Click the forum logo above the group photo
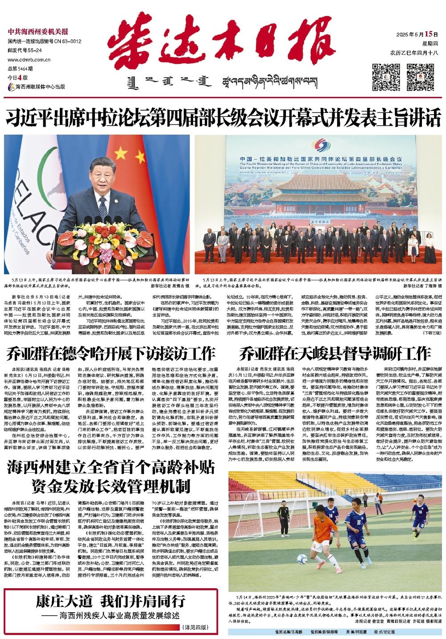tap(319, 146)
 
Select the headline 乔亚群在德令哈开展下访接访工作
tap(111, 354)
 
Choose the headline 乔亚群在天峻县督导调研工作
tap(334, 354)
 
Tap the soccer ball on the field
tap(302, 559)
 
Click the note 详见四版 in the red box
tap(196, 627)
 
